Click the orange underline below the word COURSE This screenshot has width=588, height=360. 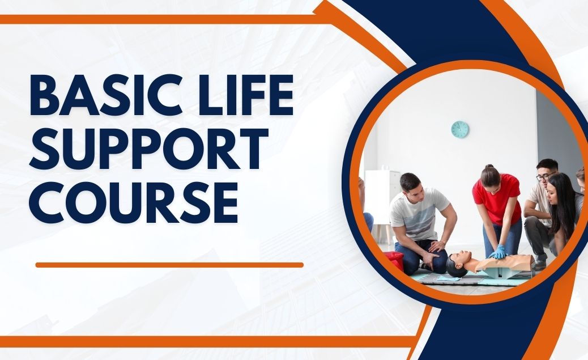click(169, 265)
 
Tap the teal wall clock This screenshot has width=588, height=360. click(459, 129)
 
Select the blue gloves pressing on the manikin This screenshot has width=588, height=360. click(498, 252)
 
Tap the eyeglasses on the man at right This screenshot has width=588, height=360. click(543, 176)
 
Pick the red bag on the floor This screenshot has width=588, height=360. click(395, 260)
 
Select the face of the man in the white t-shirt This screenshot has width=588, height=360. click(413, 187)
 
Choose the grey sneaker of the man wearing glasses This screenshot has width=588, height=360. click(540, 264)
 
